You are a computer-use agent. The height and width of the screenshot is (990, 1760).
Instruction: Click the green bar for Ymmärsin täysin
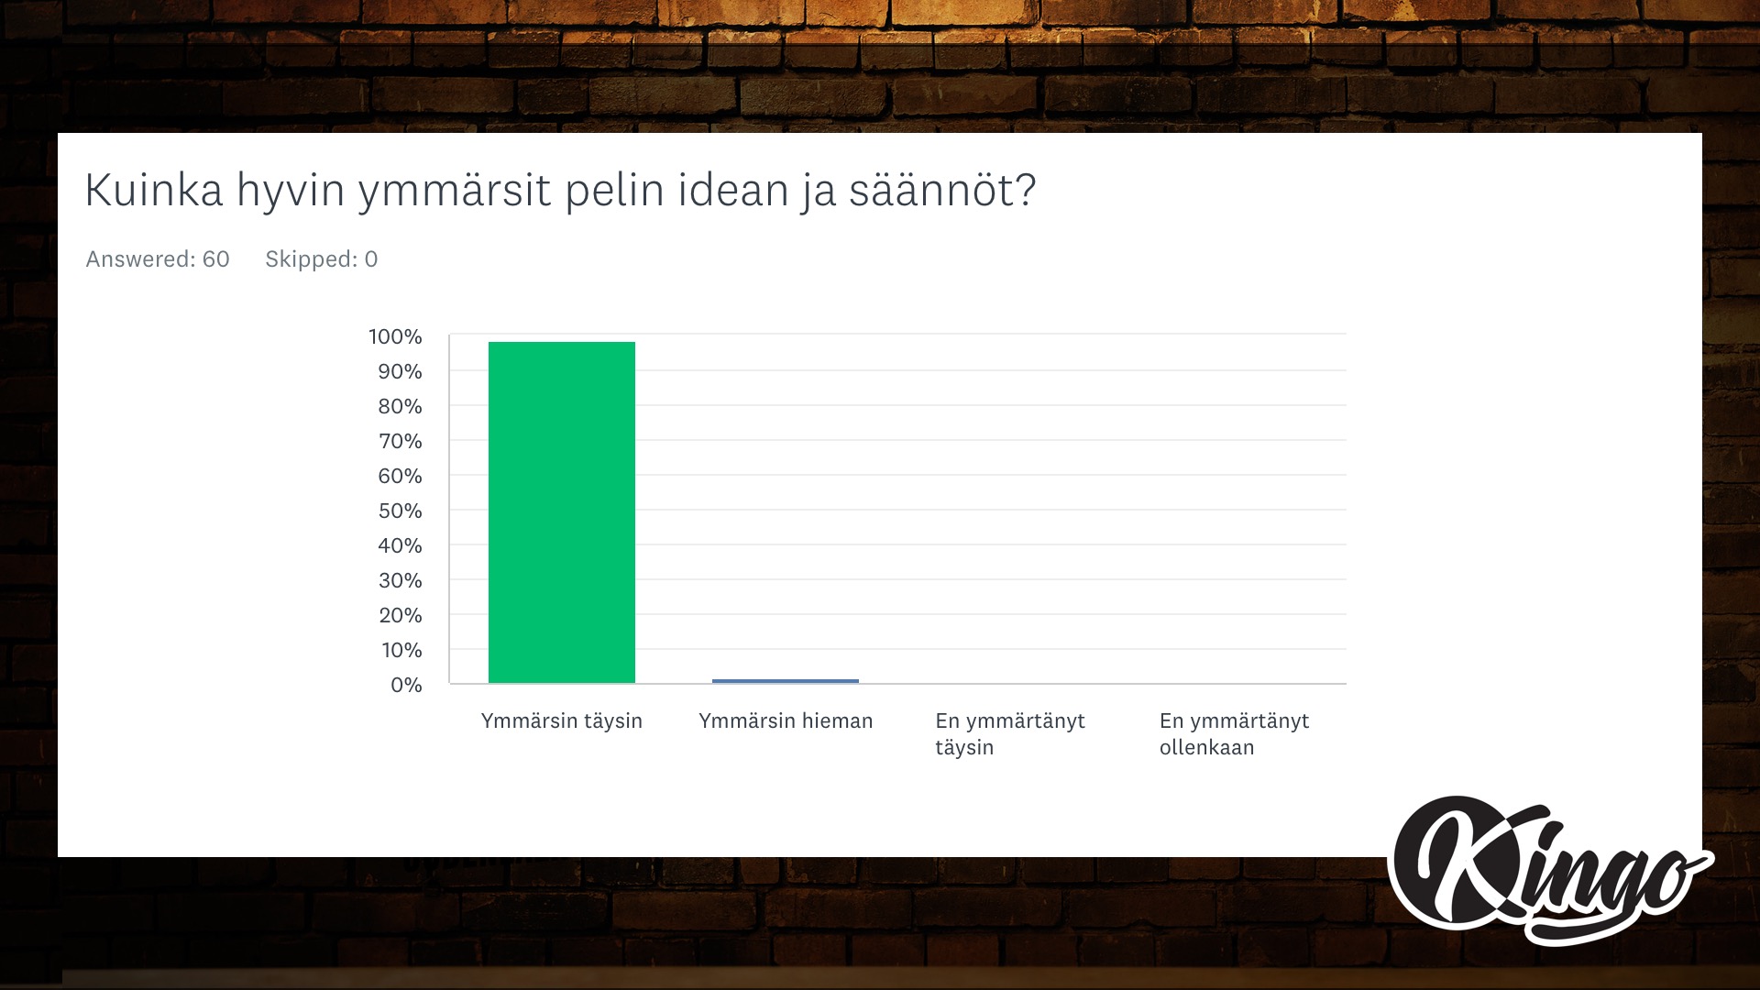(562, 512)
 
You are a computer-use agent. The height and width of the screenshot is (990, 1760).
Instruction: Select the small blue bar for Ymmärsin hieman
(786, 681)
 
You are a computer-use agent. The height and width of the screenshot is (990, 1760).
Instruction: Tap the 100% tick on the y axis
(395, 336)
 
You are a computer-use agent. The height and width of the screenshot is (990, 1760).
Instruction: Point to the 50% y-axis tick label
(401, 511)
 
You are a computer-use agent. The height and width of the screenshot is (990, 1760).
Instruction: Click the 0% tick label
(406, 685)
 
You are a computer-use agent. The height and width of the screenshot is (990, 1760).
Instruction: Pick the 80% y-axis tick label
(401, 406)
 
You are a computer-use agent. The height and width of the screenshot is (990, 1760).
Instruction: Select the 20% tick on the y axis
(401, 615)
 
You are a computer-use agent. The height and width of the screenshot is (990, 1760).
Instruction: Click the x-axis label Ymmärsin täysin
(562, 721)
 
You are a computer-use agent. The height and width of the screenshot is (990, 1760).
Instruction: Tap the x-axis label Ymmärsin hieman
(786, 721)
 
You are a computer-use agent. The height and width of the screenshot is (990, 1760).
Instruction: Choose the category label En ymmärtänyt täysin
(1010, 734)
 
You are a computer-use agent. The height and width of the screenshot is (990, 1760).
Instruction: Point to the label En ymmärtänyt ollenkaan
(1234, 734)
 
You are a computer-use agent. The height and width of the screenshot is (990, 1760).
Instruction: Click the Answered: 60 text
(158, 259)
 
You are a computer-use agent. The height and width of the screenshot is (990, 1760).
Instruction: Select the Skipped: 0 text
(322, 259)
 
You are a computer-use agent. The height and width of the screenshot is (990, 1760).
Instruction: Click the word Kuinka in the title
(154, 190)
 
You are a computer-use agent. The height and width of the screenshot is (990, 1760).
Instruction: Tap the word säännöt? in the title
(942, 190)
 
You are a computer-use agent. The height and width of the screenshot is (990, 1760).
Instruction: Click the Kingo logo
(1549, 869)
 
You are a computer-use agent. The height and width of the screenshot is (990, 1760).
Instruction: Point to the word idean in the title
(733, 190)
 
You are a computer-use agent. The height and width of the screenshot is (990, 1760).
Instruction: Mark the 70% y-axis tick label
(401, 441)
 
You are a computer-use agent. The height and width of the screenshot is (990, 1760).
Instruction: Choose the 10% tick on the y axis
(401, 650)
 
